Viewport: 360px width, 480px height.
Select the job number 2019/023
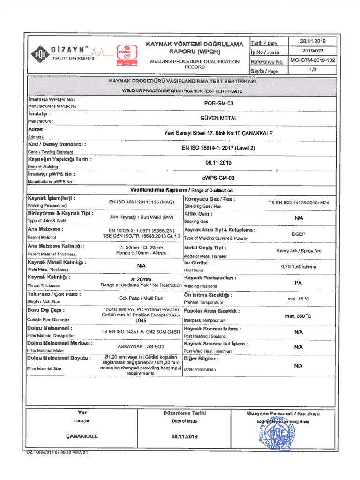click(x=313, y=51)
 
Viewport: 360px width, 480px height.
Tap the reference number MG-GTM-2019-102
click(x=313, y=61)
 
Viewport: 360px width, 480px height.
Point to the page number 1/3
click(x=313, y=71)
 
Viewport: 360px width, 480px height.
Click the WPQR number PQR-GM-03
click(x=219, y=103)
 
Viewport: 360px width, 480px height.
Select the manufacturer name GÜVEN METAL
click(x=219, y=118)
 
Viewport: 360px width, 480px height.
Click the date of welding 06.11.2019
click(x=219, y=163)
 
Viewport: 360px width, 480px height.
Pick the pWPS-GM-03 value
click(x=219, y=178)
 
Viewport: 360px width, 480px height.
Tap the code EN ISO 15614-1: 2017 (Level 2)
click(x=219, y=148)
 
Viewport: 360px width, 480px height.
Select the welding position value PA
click(x=299, y=283)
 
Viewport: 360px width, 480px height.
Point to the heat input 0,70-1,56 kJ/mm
click(x=299, y=266)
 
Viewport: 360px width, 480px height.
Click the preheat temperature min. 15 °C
click(x=299, y=299)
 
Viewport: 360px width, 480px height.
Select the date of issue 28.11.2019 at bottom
click(x=185, y=436)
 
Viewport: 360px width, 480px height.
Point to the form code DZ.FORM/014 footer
click(x=57, y=452)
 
